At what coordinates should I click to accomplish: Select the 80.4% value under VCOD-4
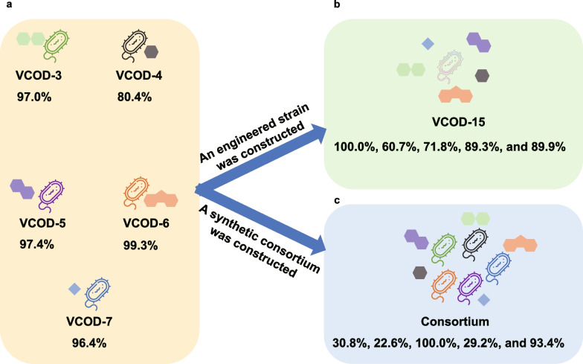tap(133, 96)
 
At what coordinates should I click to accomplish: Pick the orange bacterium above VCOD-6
tap(132, 197)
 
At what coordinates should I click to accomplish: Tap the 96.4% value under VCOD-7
tap(90, 343)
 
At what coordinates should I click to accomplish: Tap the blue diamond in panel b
tap(428, 45)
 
